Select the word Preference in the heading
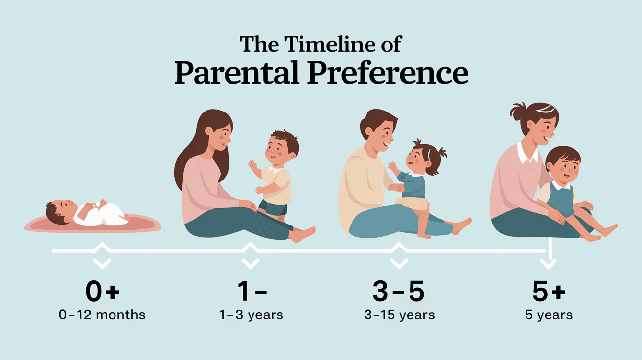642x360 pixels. (x=388, y=74)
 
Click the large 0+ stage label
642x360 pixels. (x=102, y=292)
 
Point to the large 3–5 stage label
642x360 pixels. (x=398, y=292)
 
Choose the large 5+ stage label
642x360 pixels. (x=548, y=292)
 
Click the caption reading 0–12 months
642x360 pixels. (x=102, y=315)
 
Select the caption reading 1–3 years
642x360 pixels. (x=251, y=315)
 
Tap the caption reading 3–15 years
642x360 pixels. (x=399, y=315)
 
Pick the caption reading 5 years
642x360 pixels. (x=549, y=315)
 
